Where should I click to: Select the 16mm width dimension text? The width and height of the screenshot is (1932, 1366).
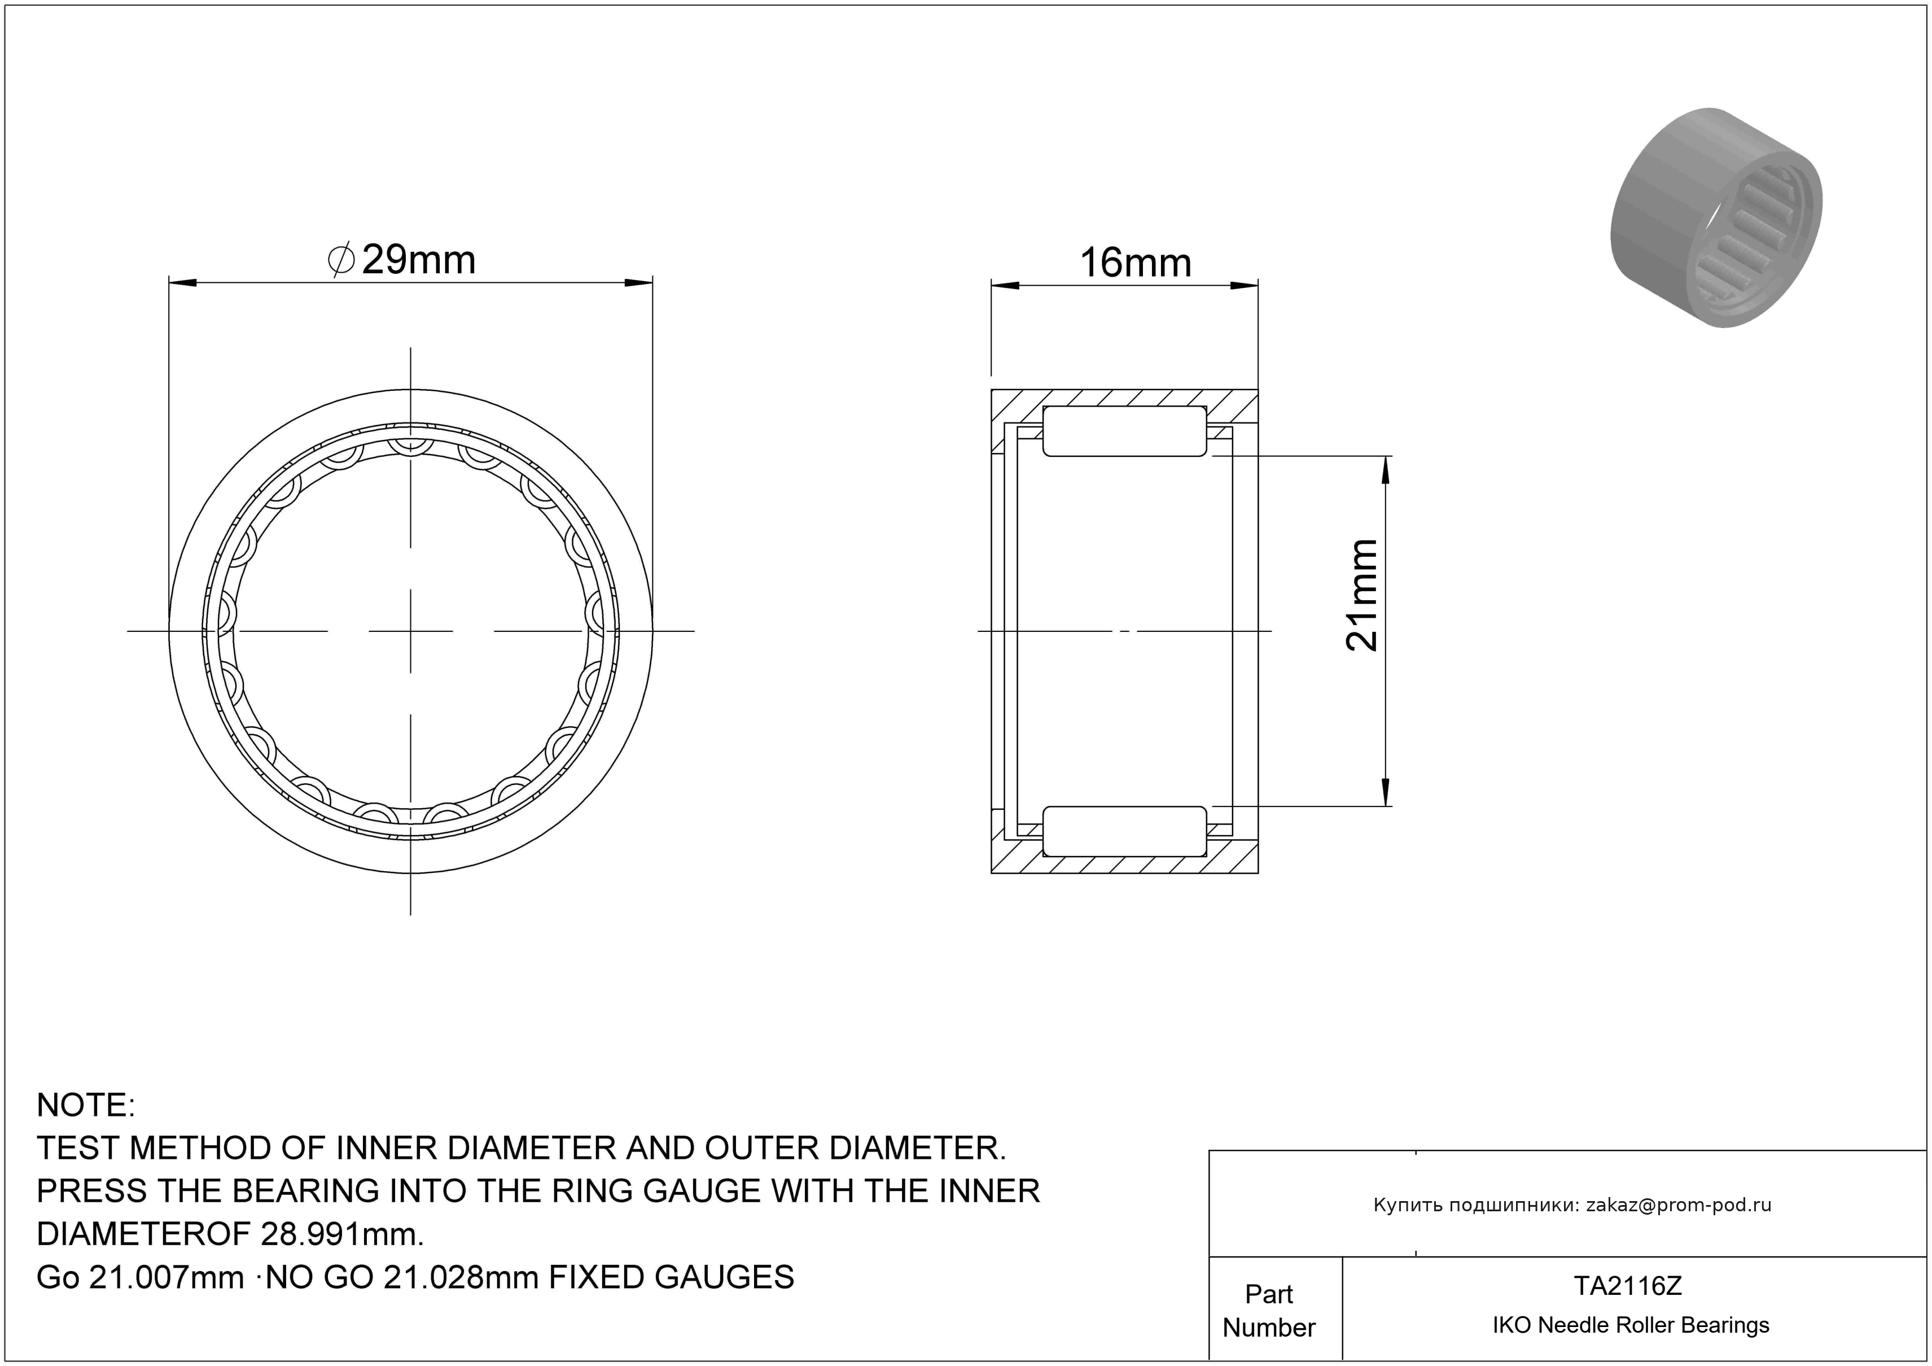(1135, 264)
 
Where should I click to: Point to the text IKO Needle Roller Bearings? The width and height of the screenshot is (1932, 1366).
(1631, 1325)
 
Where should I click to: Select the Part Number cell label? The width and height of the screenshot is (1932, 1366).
(1269, 1311)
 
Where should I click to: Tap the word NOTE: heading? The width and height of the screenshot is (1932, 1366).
(86, 1105)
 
